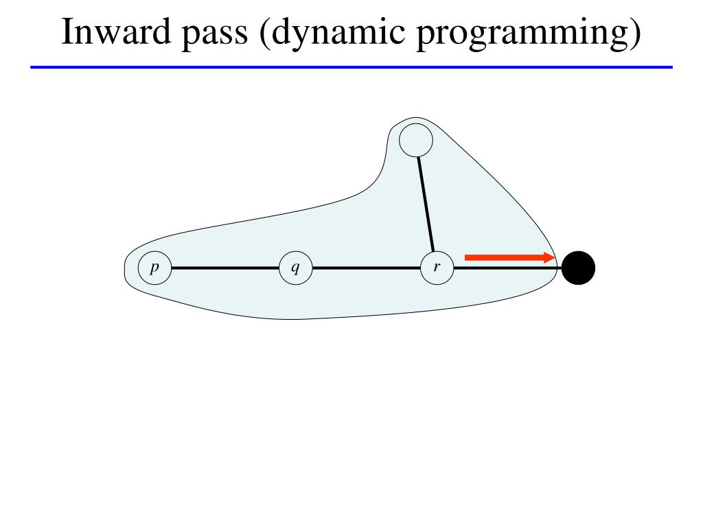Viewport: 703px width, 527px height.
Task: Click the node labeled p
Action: (x=154, y=268)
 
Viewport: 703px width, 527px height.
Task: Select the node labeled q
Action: (x=296, y=268)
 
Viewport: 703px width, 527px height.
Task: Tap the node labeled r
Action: (x=437, y=268)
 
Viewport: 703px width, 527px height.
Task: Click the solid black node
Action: (x=578, y=268)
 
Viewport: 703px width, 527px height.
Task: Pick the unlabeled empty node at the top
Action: (x=416, y=141)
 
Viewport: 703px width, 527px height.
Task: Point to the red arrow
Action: (x=508, y=257)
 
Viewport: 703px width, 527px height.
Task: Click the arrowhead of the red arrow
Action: (x=549, y=257)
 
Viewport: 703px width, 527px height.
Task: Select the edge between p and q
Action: (x=225, y=268)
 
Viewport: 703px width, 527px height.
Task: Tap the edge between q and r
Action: (x=366, y=268)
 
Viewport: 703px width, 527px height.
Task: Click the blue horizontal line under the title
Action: (x=351, y=67)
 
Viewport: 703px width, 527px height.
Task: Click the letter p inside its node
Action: (x=154, y=268)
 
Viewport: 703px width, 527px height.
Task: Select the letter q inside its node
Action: (x=295, y=268)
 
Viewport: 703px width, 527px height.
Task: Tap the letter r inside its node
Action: (x=437, y=267)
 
